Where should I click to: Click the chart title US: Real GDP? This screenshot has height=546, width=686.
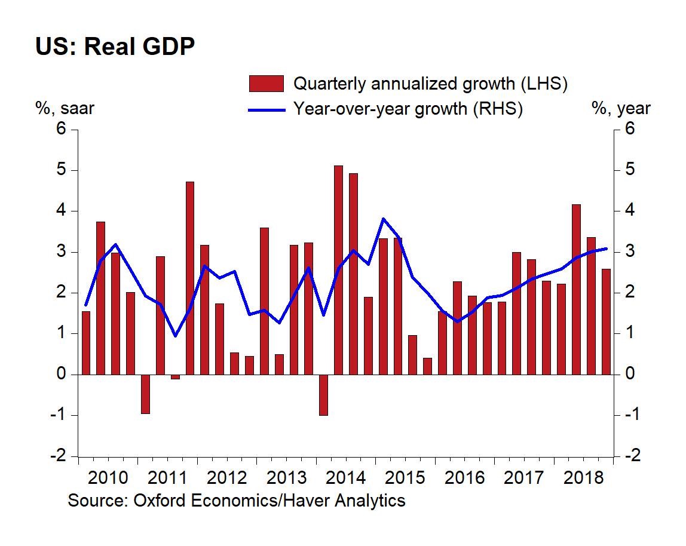click(x=115, y=47)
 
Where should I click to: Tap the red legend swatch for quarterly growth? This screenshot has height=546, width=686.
click(x=266, y=84)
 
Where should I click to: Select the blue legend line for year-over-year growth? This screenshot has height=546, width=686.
click(x=266, y=109)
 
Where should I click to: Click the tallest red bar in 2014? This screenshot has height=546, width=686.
click(x=338, y=270)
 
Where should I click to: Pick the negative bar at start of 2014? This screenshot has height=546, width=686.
click(x=323, y=394)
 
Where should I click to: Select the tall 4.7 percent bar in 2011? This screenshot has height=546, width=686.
click(x=190, y=278)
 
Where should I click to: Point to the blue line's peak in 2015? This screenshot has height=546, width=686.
click(x=383, y=219)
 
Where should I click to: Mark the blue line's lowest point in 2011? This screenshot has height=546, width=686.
click(x=175, y=336)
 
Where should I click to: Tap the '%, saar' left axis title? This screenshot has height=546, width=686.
click(x=65, y=109)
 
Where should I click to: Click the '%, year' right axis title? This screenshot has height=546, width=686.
click(x=620, y=109)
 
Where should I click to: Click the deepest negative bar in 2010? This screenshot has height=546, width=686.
click(x=145, y=394)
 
